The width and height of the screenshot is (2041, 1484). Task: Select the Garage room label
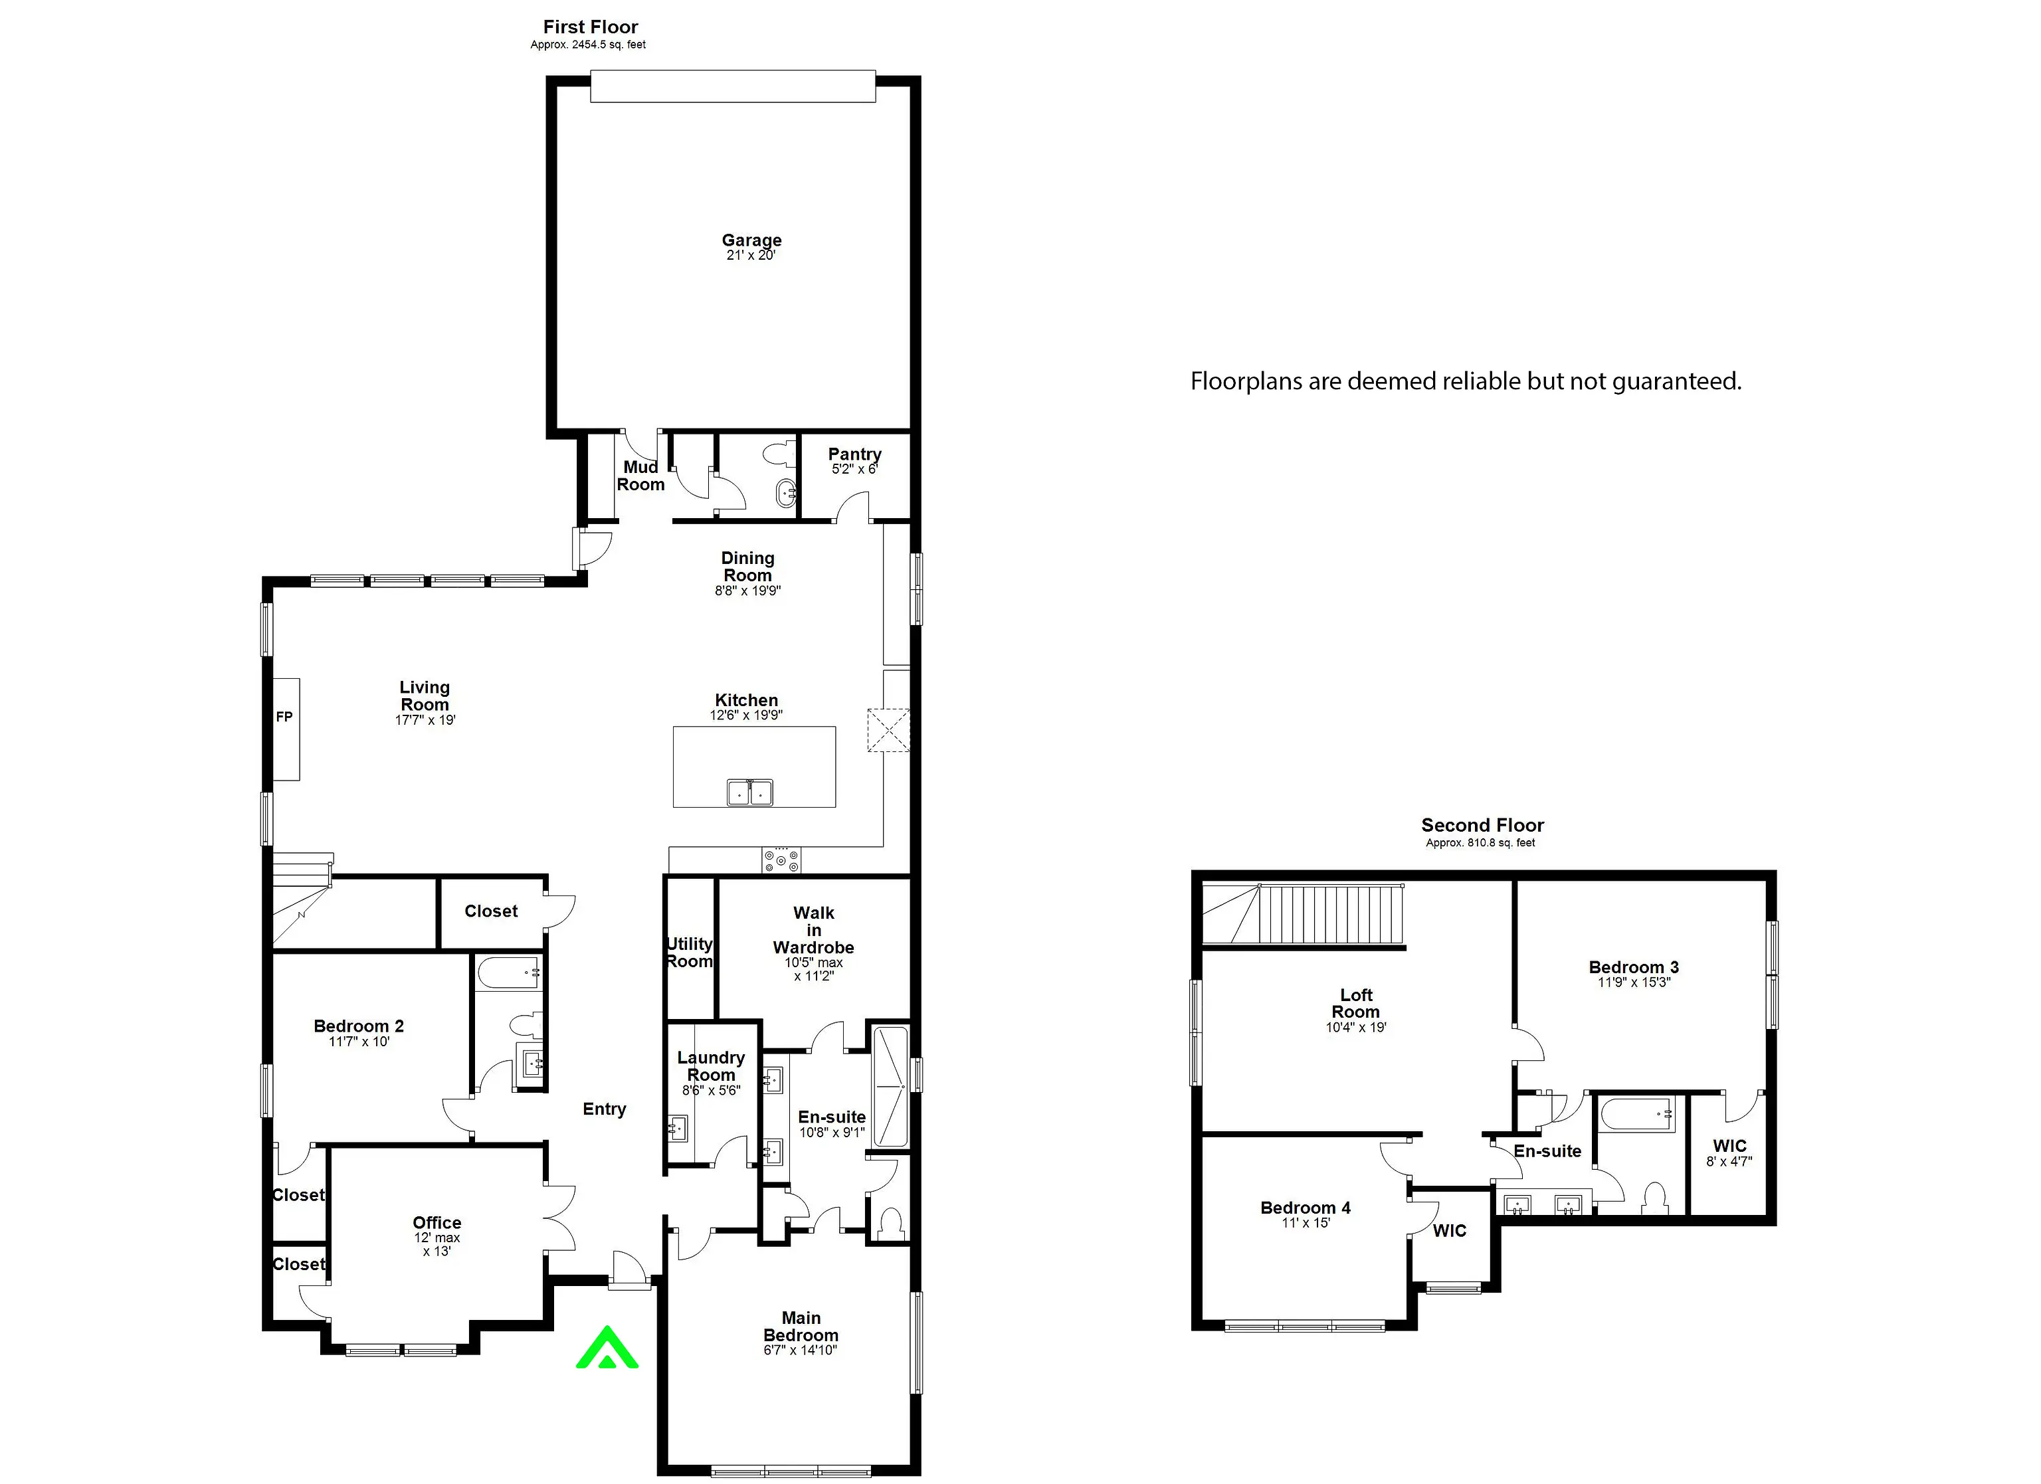coord(751,240)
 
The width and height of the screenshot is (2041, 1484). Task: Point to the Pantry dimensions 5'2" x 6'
coord(854,469)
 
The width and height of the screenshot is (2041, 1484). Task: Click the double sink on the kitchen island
coord(749,792)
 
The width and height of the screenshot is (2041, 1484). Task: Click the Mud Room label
coord(640,475)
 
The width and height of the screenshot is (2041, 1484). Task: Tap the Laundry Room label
coord(711,1066)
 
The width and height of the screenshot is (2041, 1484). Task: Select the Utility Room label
coord(690,952)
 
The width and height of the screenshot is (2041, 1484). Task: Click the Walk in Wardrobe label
coord(813,929)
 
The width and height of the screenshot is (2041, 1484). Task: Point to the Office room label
coord(437,1222)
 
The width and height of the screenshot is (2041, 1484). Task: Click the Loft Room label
coord(1356,1004)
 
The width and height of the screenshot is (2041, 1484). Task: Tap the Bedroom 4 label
coord(1306,1208)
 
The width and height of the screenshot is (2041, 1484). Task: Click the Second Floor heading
coord(1482,825)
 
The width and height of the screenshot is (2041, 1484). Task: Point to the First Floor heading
coord(591,27)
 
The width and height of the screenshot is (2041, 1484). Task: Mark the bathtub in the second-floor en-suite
coord(1637,1114)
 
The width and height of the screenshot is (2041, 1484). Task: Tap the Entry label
coord(604,1109)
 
